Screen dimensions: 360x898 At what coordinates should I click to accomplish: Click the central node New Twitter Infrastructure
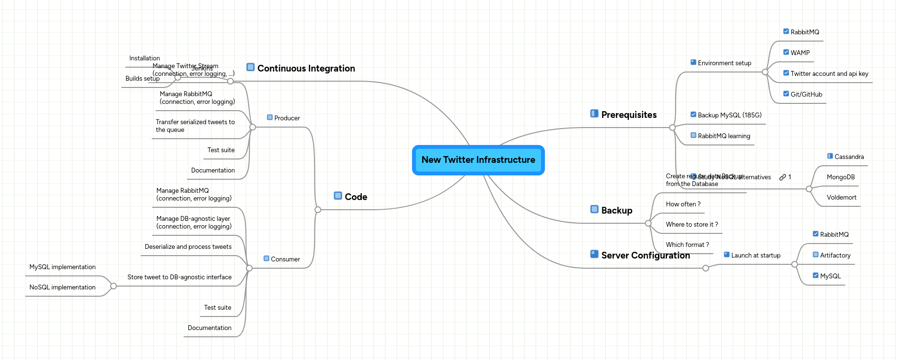[478, 160]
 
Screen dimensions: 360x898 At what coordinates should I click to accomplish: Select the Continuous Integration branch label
[306, 69]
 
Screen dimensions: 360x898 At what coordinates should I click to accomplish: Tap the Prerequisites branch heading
[628, 115]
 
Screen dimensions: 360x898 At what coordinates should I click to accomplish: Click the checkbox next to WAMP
[786, 52]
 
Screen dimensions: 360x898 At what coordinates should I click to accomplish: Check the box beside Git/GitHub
[786, 94]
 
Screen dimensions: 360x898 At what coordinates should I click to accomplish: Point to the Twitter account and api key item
[829, 74]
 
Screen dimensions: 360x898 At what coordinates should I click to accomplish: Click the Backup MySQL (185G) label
[729, 115]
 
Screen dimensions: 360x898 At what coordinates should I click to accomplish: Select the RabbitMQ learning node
[724, 136]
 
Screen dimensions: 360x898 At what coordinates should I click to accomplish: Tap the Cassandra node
[849, 157]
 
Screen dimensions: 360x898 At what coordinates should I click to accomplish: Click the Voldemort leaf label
[841, 198]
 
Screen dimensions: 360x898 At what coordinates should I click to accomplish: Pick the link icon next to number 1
[783, 177]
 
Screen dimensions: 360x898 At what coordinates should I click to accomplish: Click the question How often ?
[683, 204]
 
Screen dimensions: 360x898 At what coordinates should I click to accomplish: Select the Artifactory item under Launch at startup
[835, 256]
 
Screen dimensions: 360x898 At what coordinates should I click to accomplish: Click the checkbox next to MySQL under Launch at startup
[815, 275]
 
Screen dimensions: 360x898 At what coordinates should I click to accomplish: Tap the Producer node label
[287, 118]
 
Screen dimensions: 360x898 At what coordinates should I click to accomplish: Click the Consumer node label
[285, 259]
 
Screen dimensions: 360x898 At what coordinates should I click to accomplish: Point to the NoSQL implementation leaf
[62, 288]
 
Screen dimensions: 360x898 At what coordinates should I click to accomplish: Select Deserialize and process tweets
[188, 247]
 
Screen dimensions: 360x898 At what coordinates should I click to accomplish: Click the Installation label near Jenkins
[144, 58]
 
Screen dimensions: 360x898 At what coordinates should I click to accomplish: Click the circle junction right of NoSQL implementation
[114, 286]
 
